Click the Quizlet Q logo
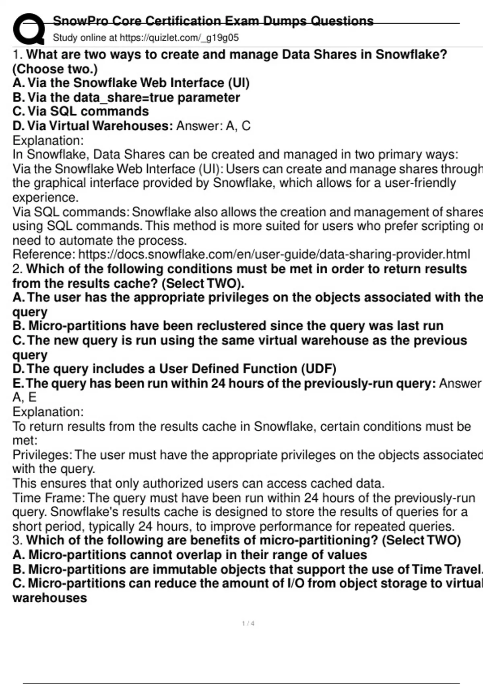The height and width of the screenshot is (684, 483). (29, 29)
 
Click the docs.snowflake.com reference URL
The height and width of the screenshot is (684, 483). (274, 254)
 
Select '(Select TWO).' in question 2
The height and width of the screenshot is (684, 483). (203, 283)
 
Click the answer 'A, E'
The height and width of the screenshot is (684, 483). (24, 397)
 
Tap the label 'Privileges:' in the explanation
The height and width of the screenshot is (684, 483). (42, 455)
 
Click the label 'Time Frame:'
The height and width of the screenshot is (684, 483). (49, 498)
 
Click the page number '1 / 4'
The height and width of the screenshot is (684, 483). (248, 623)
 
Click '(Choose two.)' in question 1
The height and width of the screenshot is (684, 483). (55, 69)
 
